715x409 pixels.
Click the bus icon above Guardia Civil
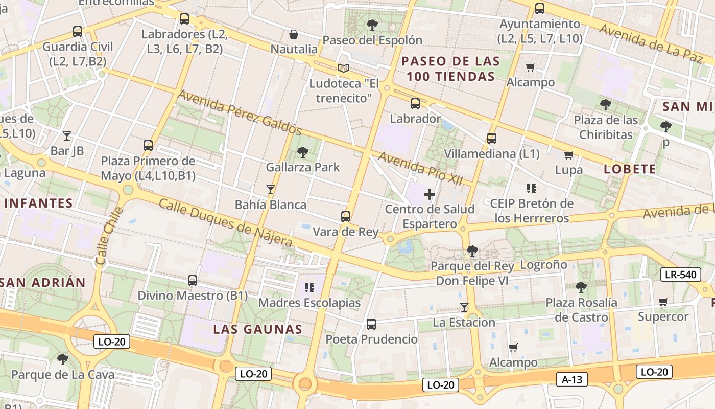tap(78, 32)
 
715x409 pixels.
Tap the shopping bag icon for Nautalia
tap(294, 34)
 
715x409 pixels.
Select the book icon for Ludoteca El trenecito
tap(344, 68)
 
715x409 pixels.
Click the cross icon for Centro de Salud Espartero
tap(430, 194)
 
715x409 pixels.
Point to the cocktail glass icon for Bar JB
tap(67, 135)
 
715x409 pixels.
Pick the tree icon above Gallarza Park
tap(303, 152)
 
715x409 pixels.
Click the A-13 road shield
tap(572, 379)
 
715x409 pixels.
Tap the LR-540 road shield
tap(681, 275)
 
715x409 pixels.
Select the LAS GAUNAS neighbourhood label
tap(258, 329)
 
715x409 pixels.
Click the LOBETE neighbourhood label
tap(630, 169)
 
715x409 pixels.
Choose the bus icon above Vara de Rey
tap(346, 216)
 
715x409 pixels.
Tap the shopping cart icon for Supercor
tap(663, 302)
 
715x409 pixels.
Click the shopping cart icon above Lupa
tap(569, 155)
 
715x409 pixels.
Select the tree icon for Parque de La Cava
tap(63, 359)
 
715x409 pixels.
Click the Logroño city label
tap(543, 265)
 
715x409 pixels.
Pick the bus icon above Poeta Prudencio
tap(371, 324)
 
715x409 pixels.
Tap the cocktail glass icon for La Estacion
tap(464, 307)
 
